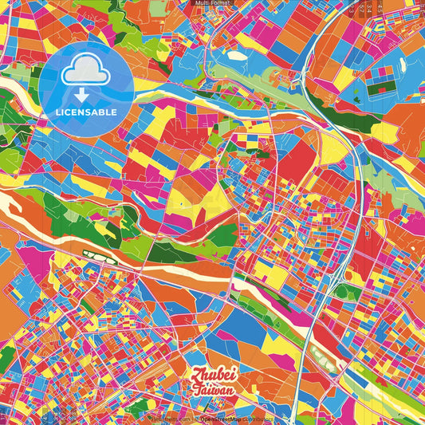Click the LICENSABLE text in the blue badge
click(86, 112)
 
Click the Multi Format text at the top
click(212, 3)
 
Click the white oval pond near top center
click(237, 56)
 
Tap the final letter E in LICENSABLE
click(114, 112)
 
